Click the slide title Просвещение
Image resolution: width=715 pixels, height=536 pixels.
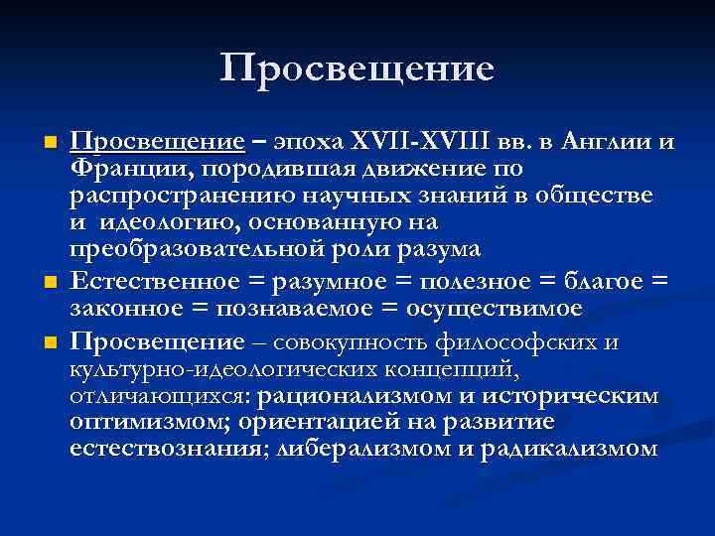tap(357, 68)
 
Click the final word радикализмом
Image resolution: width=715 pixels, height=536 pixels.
tap(568, 450)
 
